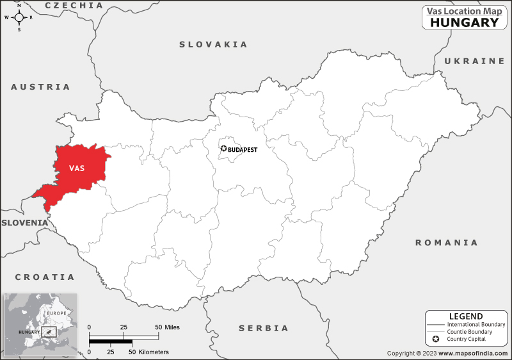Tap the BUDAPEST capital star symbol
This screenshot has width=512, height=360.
tap(223, 149)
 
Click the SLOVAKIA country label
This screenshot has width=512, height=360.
tap(213, 44)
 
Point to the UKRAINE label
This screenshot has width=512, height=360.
tap(474, 61)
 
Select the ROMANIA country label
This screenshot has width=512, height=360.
tap(446, 243)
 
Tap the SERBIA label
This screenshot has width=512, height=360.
tap(264, 328)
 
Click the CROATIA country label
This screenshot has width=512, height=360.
tap(45, 277)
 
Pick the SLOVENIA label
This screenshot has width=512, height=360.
tap(24, 222)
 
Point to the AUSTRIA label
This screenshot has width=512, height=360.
tap(40, 86)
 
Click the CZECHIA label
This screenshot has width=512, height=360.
tap(74, 5)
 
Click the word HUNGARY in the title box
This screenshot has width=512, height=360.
tap(464, 22)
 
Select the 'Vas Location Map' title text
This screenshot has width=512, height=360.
tap(464, 10)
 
